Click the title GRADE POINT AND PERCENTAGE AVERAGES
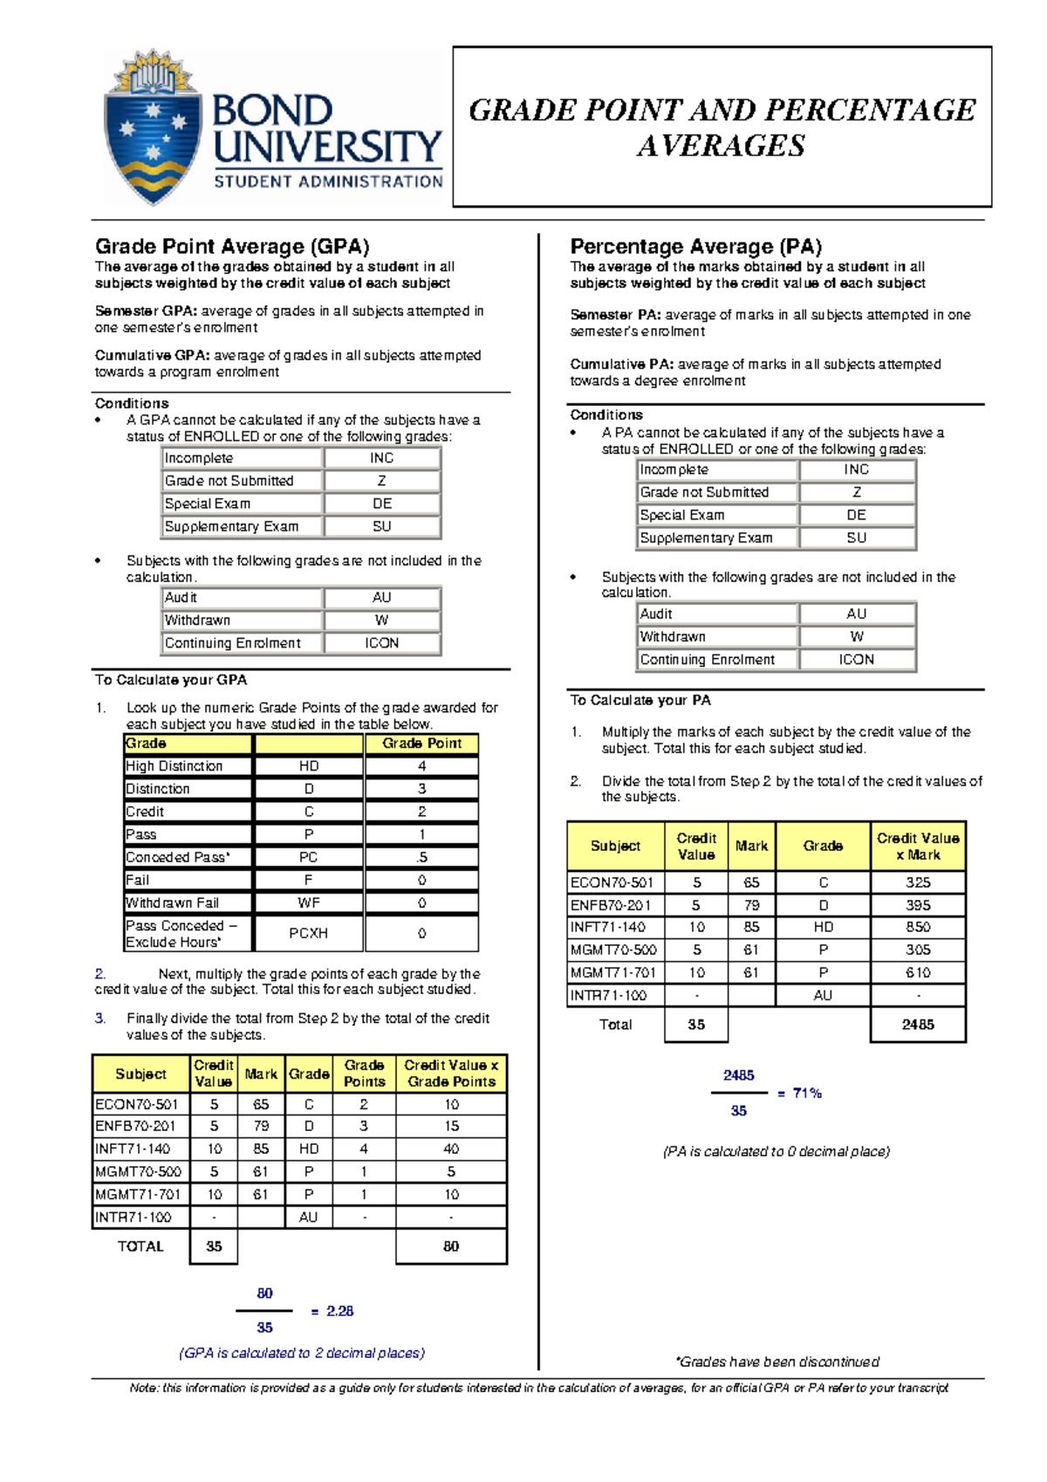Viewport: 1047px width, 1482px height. [x=722, y=127]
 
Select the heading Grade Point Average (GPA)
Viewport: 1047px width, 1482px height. [x=232, y=247]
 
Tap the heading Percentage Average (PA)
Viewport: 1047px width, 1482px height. [x=695, y=247]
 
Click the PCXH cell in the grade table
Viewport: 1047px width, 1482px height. [x=308, y=933]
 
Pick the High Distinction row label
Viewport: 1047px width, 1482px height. [x=174, y=766]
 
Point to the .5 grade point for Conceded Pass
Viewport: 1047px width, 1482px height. [x=421, y=857]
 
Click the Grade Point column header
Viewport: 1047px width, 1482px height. [x=421, y=744]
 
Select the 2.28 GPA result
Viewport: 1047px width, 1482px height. [x=339, y=1311]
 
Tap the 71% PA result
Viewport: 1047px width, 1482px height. [x=807, y=1093]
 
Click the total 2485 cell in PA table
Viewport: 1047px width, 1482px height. [x=918, y=1025]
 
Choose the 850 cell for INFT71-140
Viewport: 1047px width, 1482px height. [x=918, y=927]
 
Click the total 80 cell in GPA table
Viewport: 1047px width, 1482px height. [x=451, y=1246]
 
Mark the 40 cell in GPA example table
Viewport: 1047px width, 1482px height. [x=451, y=1149]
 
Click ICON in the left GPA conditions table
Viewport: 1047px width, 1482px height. [x=382, y=643]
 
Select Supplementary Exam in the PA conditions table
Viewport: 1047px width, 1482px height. [x=706, y=539]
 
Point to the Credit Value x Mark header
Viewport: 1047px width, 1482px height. [x=918, y=846]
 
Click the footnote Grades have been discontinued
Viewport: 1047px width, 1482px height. [x=777, y=1362]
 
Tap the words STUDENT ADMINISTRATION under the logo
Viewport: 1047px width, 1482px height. [x=328, y=182]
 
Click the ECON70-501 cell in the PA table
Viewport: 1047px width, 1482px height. [x=612, y=882]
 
